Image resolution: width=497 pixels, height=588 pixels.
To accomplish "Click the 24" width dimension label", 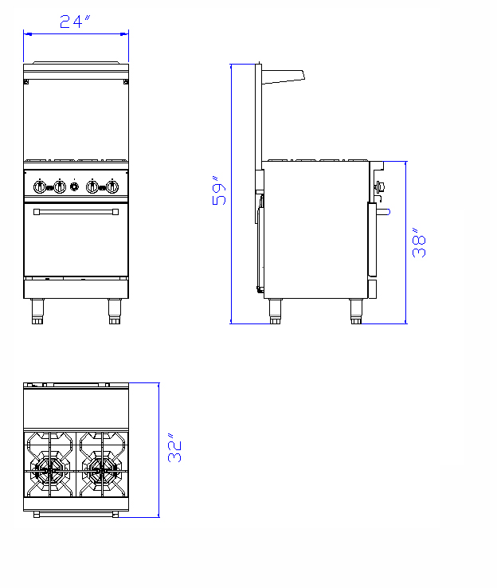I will pyautogui.click(x=76, y=22).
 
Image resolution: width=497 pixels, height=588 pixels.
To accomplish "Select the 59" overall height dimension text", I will pyautogui.click(x=220, y=190).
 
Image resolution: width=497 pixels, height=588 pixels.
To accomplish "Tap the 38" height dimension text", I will pyautogui.click(x=420, y=242).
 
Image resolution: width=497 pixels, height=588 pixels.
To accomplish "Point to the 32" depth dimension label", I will pyautogui.click(x=176, y=449).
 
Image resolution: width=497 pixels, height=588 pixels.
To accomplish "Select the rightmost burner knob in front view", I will pyautogui.click(x=112, y=186).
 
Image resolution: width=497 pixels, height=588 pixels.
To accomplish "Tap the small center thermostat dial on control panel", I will pyautogui.click(x=76, y=186).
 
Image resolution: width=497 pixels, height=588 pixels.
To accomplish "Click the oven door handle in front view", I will pyautogui.click(x=76, y=212).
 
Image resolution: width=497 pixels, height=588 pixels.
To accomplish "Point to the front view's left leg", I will pyautogui.click(x=37, y=312).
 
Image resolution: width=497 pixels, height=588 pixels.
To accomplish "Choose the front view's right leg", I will pyautogui.click(x=115, y=312).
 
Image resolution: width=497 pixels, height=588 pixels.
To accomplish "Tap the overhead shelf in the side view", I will pyautogui.click(x=283, y=76).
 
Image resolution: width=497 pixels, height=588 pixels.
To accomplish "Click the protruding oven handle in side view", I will pyautogui.click(x=383, y=211).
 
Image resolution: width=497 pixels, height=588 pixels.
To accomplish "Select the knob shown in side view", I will pyautogui.click(x=380, y=187).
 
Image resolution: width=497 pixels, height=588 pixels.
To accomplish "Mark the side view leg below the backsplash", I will pyautogui.click(x=275, y=312).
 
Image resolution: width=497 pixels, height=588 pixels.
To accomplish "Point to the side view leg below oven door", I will pyautogui.click(x=356, y=312).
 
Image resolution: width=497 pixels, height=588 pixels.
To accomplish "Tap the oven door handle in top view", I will pyautogui.click(x=76, y=515).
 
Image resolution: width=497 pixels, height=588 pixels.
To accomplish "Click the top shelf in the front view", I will pyautogui.click(x=76, y=63).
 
